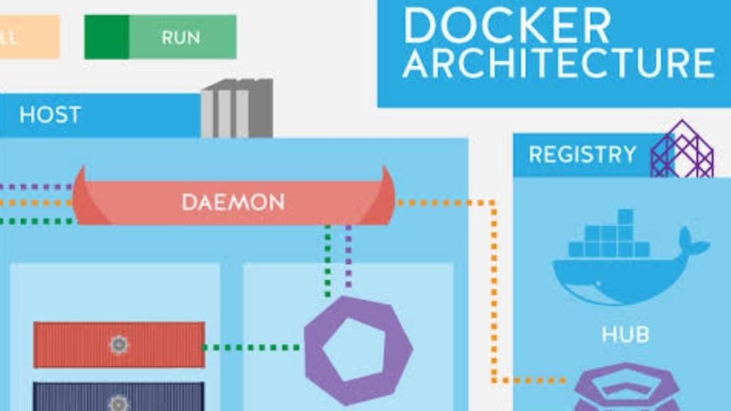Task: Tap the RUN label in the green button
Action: tap(180, 37)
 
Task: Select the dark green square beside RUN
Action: tap(106, 37)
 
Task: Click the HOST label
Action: tap(50, 115)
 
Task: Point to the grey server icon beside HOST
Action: tap(237, 108)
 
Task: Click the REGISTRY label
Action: tap(582, 155)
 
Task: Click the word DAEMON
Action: tap(233, 201)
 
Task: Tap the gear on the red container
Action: tap(118, 345)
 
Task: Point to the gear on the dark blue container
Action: tap(118, 402)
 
